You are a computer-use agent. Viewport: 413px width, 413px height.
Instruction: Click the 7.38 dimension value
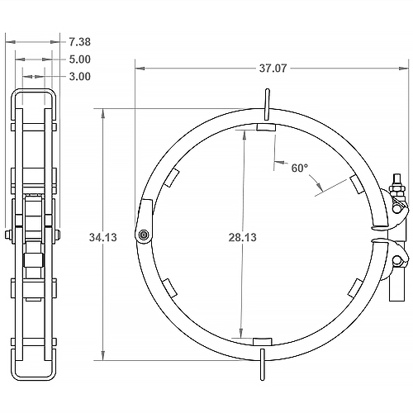tap(80, 40)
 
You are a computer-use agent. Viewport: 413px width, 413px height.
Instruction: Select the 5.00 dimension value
tap(80, 59)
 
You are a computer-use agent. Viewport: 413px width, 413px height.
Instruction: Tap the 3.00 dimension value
tap(80, 77)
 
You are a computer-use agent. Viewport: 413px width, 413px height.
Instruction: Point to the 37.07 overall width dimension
tap(273, 69)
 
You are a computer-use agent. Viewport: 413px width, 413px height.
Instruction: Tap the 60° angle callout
tap(300, 168)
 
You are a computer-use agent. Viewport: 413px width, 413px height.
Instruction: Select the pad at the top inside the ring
tap(266, 128)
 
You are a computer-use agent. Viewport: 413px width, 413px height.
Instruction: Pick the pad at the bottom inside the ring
tap(261, 341)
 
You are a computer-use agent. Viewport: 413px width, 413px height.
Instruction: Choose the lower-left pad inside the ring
tap(169, 287)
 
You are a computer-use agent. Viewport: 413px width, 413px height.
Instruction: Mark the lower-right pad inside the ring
tap(354, 287)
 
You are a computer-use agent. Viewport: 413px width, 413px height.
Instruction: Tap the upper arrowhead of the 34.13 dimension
tap(102, 112)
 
